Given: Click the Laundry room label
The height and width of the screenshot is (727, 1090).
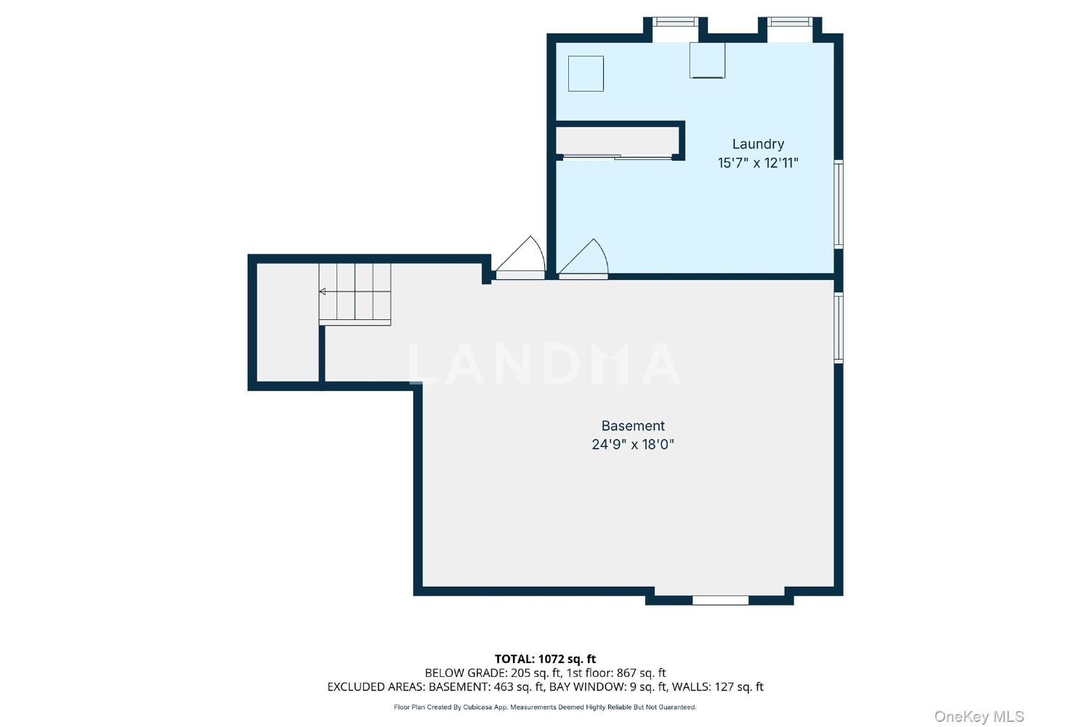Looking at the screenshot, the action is (x=758, y=144).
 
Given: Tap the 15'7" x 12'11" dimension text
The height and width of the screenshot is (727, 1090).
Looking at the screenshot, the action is (x=758, y=163).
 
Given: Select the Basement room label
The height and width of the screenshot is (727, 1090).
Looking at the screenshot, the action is (x=633, y=425).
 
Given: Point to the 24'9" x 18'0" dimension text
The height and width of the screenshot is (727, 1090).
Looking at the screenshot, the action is (x=633, y=444).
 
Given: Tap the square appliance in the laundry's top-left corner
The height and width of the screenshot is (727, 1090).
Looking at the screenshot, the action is (x=586, y=73).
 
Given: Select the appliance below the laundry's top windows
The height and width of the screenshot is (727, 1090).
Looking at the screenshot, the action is (x=707, y=60).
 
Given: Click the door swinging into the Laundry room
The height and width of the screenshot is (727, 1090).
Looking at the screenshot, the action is (x=584, y=259).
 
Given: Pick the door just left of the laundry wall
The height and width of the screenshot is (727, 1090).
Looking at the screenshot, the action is (x=520, y=258).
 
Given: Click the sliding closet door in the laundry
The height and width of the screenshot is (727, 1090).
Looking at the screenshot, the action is (x=617, y=157).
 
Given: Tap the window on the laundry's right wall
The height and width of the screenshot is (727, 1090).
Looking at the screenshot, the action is (x=839, y=204).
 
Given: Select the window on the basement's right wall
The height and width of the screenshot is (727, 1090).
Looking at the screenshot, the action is (x=839, y=328).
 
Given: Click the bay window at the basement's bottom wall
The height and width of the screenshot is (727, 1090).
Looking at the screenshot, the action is (x=720, y=601).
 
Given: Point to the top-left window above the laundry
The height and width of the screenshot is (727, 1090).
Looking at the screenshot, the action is (x=675, y=22).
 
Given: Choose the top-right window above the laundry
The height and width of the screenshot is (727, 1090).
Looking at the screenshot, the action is (x=790, y=22).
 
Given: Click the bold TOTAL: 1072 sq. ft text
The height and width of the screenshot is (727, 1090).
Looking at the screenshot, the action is (x=545, y=659).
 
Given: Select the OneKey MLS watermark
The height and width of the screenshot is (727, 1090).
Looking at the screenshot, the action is (x=979, y=716).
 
